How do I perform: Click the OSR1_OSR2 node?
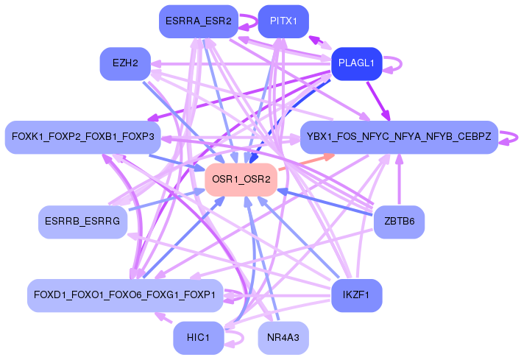(241, 180)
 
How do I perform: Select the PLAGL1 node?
(356, 63)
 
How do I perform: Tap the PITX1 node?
(283, 21)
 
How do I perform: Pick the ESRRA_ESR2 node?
(198, 21)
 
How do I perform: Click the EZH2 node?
(125, 63)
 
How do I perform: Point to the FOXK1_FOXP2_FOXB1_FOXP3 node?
(82, 137)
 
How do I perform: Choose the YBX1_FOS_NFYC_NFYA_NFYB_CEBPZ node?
(399, 137)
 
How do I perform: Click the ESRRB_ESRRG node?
(82, 222)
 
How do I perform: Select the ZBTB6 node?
(399, 222)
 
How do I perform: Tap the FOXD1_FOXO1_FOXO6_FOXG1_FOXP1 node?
(124, 295)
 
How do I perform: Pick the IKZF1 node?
(356, 295)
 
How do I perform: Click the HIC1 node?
(198, 338)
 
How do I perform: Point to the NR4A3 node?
(283, 338)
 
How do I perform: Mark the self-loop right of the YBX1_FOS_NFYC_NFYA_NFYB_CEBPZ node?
(514, 136)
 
